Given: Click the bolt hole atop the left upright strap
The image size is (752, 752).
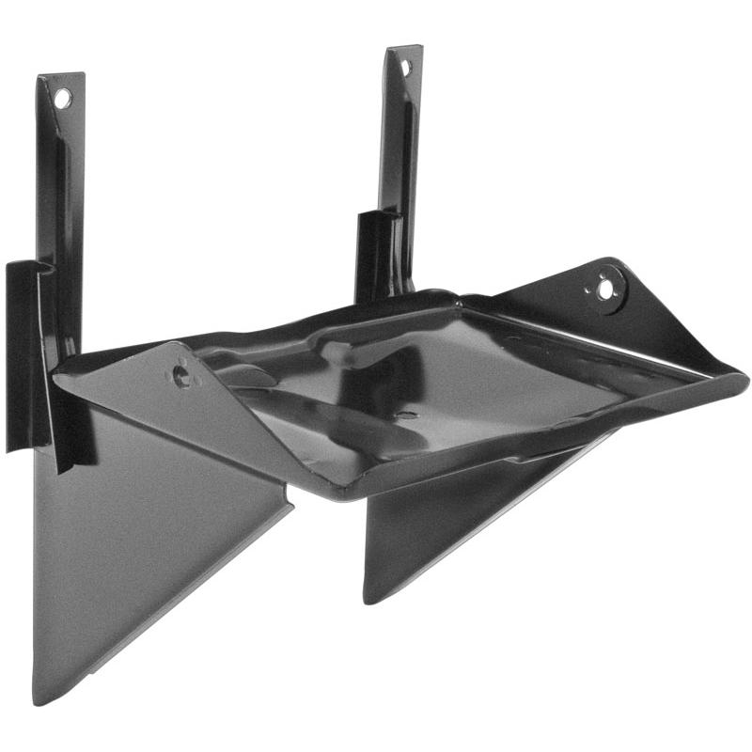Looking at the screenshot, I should (62, 97).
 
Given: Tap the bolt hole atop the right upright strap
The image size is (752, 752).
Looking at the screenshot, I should (406, 68).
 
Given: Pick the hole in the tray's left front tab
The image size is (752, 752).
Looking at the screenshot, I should (180, 376).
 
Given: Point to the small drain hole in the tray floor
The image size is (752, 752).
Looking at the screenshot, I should (406, 415).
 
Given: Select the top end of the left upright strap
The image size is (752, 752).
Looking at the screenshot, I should (61, 77).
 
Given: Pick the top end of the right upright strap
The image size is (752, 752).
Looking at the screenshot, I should (405, 49).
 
